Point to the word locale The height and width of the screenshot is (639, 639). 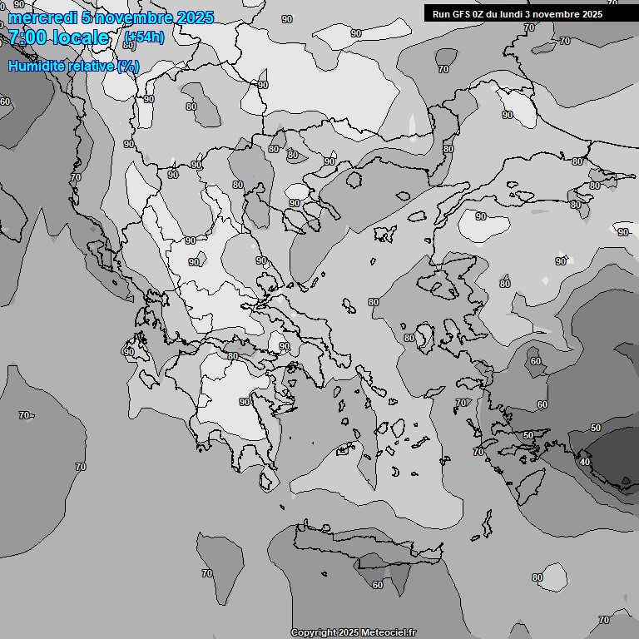tap(81, 37)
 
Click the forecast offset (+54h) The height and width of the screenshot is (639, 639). tap(143, 37)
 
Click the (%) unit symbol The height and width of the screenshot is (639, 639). tap(128, 66)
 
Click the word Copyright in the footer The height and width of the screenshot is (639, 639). tap(312, 632)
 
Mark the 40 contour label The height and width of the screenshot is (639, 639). tap(585, 462)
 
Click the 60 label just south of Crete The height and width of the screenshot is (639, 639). tap(378, 584)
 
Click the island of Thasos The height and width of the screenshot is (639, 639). tap(354, 178)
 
